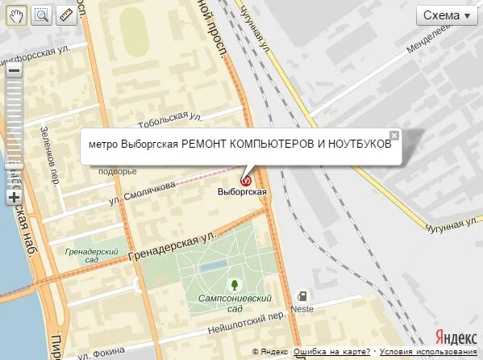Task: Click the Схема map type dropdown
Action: (447, 15)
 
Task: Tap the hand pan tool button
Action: (16, 15)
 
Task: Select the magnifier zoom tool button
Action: (41, 15)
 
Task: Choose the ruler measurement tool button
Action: (66, 15)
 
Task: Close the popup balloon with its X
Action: (393, 136)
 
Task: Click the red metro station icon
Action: (248, 180)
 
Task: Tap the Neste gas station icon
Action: (302, 296)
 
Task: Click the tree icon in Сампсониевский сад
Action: (234, 285)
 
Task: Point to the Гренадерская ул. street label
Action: (173, 246)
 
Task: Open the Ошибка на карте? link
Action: (331, 352)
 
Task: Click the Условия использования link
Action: (428, 352)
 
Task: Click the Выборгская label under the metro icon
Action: (242, 192)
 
